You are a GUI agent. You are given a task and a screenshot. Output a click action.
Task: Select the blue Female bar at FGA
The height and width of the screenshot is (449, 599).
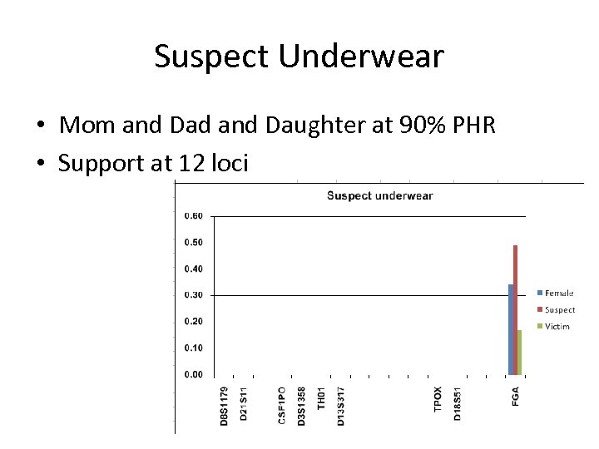pos(511,330)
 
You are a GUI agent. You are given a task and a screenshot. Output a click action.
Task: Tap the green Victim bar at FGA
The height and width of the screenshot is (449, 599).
pos(520,353)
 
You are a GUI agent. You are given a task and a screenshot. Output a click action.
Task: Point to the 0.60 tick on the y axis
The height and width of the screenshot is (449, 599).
pos(193,216)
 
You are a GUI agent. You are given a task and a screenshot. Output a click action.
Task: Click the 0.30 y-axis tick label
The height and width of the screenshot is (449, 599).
pos(193,295)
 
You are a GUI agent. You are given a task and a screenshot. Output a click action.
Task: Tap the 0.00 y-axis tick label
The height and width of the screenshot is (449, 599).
pos(193,374)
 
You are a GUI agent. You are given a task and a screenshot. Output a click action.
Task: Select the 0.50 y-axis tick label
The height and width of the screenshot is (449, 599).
pos(193,243)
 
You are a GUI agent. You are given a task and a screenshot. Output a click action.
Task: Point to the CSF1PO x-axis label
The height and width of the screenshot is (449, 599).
pos(283,406)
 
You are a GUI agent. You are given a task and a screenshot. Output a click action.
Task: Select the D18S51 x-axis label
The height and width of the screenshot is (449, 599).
pos(458,403)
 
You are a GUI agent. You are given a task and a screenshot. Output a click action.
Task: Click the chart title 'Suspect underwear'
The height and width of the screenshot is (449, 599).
pos(379,196)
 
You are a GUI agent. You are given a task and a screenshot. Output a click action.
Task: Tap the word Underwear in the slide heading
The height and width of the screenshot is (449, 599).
pos(361,57)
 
